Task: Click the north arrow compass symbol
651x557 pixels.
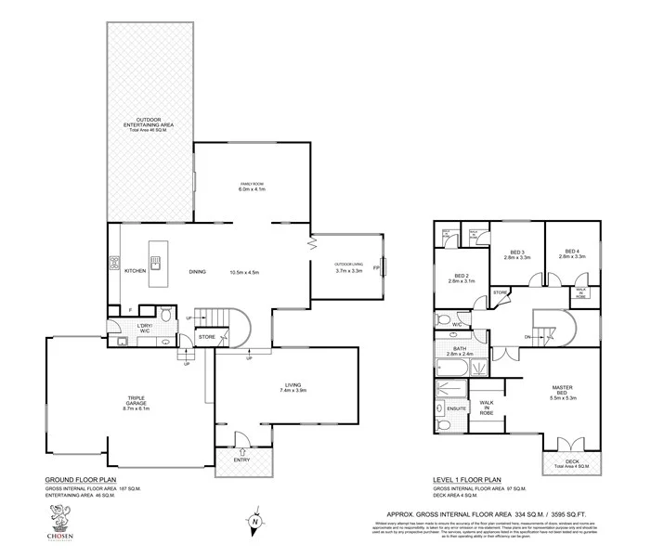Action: [254, 521]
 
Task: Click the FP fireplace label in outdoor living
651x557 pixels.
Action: [376, 268]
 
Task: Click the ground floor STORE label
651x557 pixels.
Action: [208, 336]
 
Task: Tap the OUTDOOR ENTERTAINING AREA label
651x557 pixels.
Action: [149, 124]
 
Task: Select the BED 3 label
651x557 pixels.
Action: [518, 252]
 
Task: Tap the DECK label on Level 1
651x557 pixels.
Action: [571, 460]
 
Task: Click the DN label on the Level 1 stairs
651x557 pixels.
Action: [527, 336]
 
